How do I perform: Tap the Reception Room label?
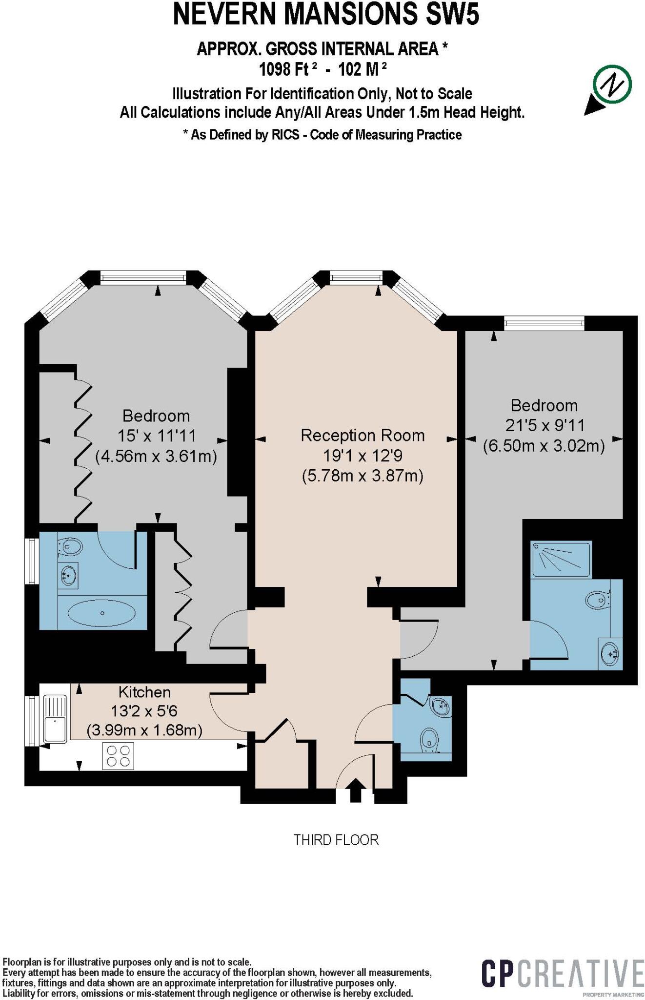[362, 436]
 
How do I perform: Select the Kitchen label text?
[144, 692]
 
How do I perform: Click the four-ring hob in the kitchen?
[118, 756]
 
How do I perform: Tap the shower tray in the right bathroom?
[561, 559]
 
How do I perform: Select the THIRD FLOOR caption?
[336, 840]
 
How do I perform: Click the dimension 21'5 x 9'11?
[544, 426]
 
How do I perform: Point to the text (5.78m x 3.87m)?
[362, 476]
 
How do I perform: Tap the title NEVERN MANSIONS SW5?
[326, 15]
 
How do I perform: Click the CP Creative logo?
[562, 973]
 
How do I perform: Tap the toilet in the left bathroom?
[69, 546]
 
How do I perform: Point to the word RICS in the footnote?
[285, 135]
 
